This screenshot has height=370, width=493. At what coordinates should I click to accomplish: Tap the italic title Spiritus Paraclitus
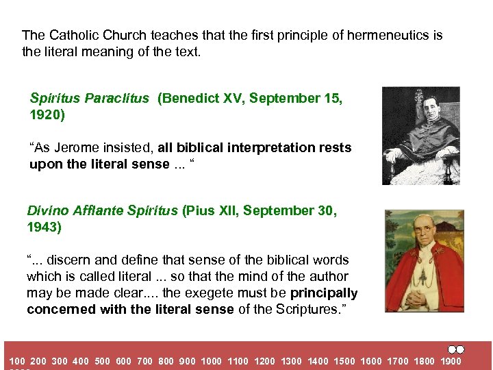tap(89, 99)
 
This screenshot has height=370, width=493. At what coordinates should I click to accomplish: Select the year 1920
tap(47, 115)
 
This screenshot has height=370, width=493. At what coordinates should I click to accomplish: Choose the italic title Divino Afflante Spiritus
tap(103, 211)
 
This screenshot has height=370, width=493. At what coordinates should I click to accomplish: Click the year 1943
tap(45, 227)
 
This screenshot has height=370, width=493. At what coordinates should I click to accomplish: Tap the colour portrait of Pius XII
tap(424, 261)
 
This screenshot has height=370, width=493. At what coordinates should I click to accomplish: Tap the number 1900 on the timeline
tap(451, 361)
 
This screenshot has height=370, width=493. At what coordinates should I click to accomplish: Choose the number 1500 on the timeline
tap(344, 361)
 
